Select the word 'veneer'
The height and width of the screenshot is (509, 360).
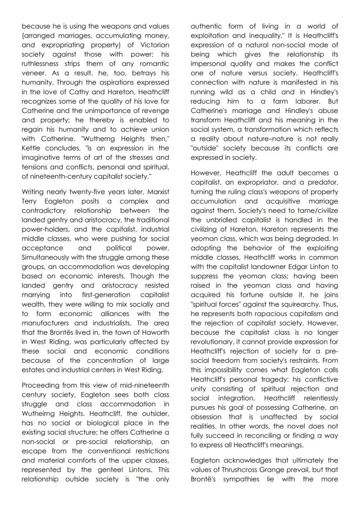click(34, 73)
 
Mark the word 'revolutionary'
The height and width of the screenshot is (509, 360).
click(213, 333)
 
